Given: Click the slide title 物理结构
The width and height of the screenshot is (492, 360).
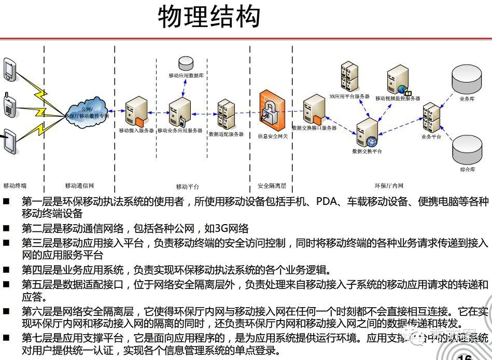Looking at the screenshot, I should (x=209, y=17).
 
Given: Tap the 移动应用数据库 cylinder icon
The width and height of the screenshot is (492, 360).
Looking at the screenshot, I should (x=186, y=64).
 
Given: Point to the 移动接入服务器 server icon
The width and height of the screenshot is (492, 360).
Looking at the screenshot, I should (x=136, y=110).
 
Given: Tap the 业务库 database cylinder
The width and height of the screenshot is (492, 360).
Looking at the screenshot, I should (x=464, y=78).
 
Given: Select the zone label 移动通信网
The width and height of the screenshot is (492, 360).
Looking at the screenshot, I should (x=79, y=186).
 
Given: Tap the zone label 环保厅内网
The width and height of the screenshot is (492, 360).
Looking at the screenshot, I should (x=389, y=186).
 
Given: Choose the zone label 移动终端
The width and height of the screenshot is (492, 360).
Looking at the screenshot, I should (x=15, y=186).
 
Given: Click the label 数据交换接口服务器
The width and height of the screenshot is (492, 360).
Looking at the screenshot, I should (x=314, y=128).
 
